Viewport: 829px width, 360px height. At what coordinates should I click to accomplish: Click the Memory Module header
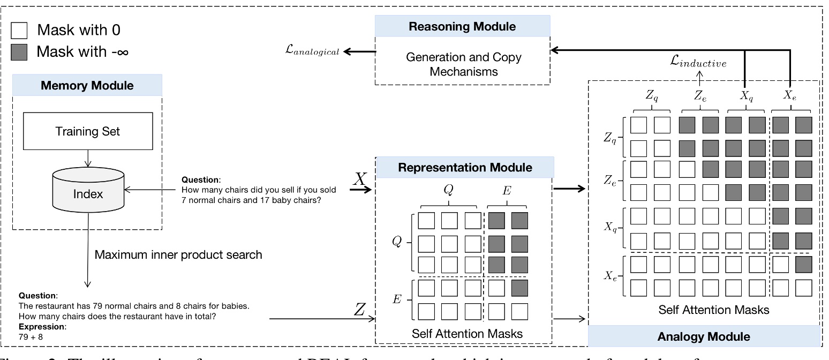[87, 85]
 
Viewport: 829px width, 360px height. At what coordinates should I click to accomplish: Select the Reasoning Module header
[462, 26]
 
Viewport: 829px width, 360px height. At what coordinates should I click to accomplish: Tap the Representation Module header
[465, 167]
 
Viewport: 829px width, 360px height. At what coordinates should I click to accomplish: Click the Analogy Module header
[704, 336]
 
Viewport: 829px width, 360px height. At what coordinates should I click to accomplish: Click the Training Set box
[87, 131]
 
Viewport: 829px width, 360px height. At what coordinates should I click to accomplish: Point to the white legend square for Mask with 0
[19, 30]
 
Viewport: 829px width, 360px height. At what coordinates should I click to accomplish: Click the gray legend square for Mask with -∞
[19, 51]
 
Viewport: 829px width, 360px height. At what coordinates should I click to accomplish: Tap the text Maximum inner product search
[178, 254]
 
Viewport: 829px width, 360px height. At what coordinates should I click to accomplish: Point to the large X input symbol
[360, 179]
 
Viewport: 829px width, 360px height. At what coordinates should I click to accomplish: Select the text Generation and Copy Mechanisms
[463, 64]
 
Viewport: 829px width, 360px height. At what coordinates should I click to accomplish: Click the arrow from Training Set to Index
[87, 158]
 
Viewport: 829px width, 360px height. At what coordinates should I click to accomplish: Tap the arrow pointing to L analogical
[359, 51]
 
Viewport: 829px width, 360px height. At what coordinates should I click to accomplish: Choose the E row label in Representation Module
[397, 299]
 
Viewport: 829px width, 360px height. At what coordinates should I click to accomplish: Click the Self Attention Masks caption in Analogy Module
[714, 310]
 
